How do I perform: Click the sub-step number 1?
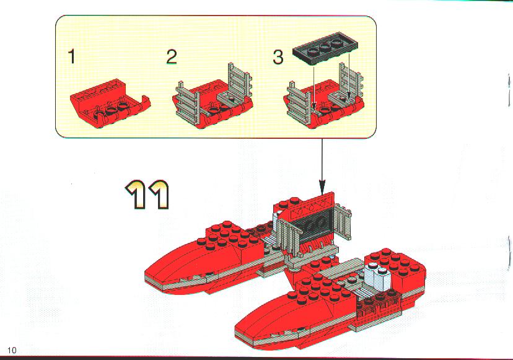coord(72,56)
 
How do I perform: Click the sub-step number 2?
coord(172,56)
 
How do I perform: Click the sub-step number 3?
coord(278,56)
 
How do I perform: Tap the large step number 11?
coord(148,195)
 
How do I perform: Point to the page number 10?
coord(11,350)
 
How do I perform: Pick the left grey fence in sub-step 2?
coord(187,103)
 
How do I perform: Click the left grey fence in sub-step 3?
coord(299,105)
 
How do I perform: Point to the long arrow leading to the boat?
coord(322,166)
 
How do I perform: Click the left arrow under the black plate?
coord(313,89)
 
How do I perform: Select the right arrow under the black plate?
coord(349,78)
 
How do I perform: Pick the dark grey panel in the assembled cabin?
coord(312,226)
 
